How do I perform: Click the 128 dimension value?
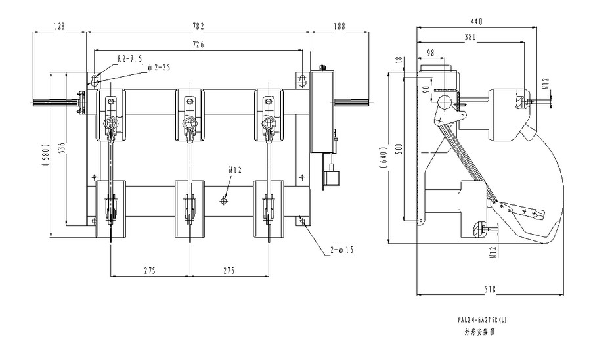point(59,26)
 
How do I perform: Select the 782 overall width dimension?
point(198,26)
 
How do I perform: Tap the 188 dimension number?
point(339,26)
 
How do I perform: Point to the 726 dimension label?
point(198,45)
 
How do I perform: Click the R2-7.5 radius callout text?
point(129,58)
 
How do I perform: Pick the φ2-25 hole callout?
point(159,68)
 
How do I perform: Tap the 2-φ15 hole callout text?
point(341,250)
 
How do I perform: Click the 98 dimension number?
point(431,52)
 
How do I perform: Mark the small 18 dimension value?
point(399,60)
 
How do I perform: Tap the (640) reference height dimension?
point(383,158)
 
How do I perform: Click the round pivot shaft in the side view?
point(445,102)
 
